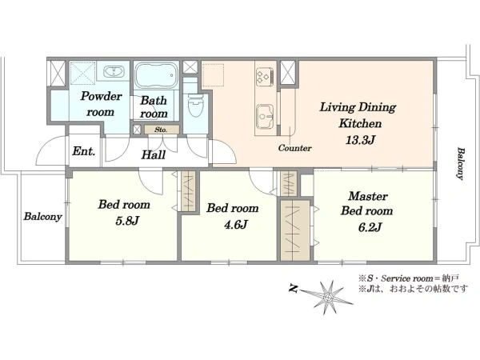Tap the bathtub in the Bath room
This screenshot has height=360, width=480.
(x=156, y=75)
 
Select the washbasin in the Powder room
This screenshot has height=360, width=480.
(x=114, y=72)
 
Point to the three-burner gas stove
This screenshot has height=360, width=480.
(x=265, y=76)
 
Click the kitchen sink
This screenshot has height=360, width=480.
(x=265, y=117)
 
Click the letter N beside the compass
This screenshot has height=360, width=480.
(x=294, y=288)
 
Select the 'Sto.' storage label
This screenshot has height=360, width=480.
(x=161, y=130)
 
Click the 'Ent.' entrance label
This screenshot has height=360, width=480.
(x=84, y=151)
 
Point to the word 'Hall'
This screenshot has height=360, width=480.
(x=154, y=155)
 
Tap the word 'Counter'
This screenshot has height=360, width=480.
(x=294, y=149)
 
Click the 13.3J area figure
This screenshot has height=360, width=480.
(x=360, y=140)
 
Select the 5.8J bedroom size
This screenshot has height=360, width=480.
(x=128, y=221)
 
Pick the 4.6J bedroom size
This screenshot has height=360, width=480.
(x=235, y=225)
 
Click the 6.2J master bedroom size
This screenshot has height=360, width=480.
(x=370, y=227)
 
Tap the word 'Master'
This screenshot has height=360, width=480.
(x=368, y=196)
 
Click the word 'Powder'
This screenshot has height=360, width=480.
(x=102, y=97)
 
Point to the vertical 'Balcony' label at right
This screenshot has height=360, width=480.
(x=461, y=163)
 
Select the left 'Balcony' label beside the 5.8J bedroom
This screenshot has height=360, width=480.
(x=43, y=217)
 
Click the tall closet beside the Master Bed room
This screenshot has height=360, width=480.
(x=295, y=230)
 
